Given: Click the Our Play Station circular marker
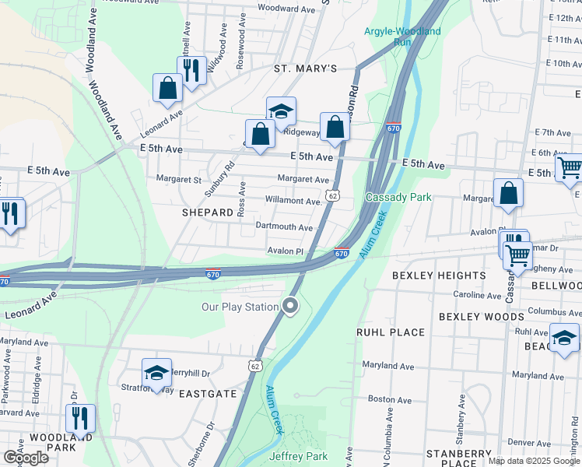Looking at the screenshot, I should coord(291,306).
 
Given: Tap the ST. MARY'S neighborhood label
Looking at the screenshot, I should coord(305,68).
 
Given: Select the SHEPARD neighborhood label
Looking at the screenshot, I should coord(208,212).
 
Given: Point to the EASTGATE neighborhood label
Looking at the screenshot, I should coord(208,394).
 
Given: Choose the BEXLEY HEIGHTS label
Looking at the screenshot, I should coord(439,276).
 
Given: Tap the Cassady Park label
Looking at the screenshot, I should coord(398,197).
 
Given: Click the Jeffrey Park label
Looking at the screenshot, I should coord(298,456).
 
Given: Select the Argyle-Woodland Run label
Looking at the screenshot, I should coord(402,37).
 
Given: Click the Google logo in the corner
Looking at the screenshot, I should coord(25,457).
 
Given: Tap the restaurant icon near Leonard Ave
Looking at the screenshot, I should coord(191,69).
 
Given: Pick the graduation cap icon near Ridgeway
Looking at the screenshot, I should coord(281,110).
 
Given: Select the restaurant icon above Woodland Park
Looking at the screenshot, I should coord(79,417).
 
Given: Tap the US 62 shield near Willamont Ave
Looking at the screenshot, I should coord(332,196).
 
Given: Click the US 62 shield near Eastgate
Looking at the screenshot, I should coord(254,364).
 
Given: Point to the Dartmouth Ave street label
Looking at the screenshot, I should coord(284,227).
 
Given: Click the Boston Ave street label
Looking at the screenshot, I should coord(390,399).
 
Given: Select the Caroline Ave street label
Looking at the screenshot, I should coord(478,296).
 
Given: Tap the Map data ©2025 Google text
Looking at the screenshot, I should coord(533,461).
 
